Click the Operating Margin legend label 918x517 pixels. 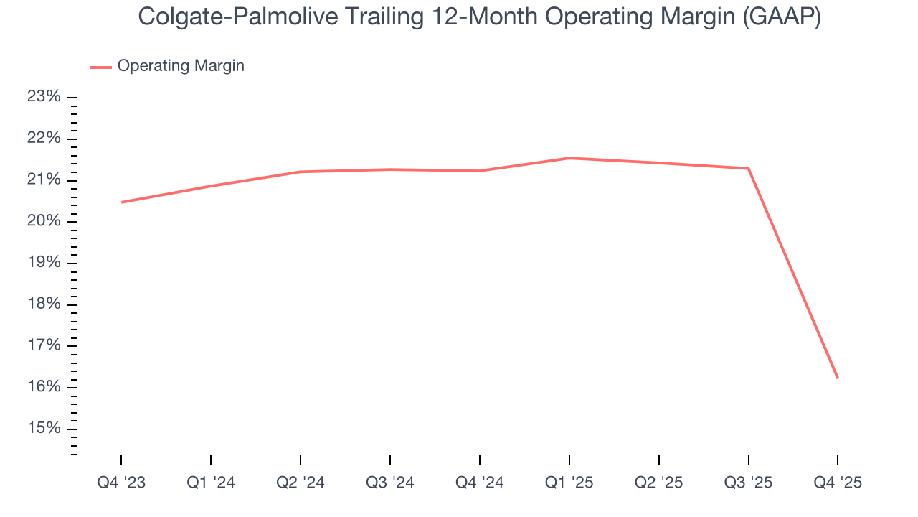click(181, 66)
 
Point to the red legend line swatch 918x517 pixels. click(101, 67)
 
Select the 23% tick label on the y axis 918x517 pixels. click(44, 97)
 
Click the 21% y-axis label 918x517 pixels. click(44, 180)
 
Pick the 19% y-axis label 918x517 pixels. click(44, 263)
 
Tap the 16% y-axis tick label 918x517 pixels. click(44, 387)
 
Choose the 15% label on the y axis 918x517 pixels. click(44, 429)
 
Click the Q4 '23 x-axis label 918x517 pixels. click(121, 483)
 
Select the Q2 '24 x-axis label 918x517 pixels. click(301, 483)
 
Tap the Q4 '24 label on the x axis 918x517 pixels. click(480, 483)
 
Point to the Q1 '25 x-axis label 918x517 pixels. click(569, 483)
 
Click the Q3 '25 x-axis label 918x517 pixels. click(749, 483)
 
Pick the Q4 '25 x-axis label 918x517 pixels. click(838, 483)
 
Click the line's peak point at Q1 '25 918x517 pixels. click(569, 158)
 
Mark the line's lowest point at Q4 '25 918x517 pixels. click(838, 378)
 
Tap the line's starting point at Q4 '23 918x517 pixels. click(122, 202)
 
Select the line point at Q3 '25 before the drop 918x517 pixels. click(749, 169)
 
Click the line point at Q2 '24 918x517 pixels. click(301, 172)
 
